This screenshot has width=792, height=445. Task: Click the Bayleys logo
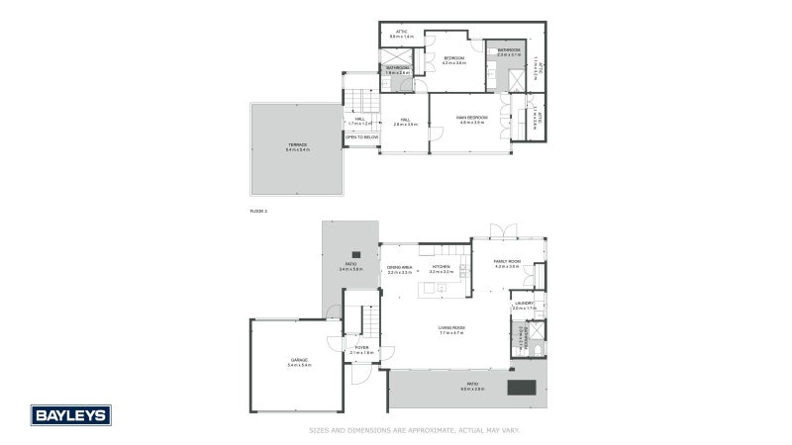[x=70, y=415]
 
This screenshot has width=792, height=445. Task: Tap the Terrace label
[x=297, y=146]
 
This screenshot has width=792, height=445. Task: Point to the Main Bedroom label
[x=471, y=120]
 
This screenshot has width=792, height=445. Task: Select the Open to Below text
[x=361, y=137]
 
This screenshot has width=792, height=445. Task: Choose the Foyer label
[x=361, y=349]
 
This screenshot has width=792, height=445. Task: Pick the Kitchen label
[x=441, y=268]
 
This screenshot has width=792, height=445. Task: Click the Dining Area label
[x=400, y=268]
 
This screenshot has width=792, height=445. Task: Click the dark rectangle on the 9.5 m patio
[x=522, y=387]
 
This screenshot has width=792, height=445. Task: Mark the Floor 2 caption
[x=259, y=211]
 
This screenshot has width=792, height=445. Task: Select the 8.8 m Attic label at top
[x=401, y=33]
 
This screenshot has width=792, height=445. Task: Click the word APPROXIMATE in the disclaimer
[x=421, y=430]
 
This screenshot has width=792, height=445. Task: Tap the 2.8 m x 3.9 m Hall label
[x=405, y=122]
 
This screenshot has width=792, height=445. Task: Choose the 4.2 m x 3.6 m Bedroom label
[x=453, y=60]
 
